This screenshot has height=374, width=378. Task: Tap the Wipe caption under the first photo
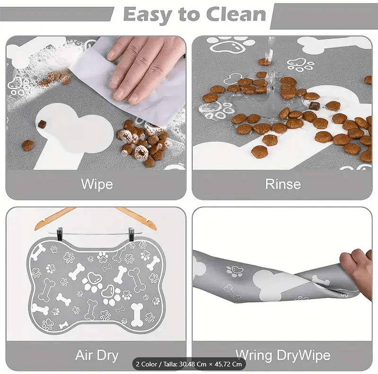(97, 184)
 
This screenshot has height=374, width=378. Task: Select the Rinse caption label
(283, 184)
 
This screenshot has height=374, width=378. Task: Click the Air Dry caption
(97, 356)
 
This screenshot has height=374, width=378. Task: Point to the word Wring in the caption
(255, 356)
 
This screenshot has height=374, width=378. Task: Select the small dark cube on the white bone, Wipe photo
(42, 124)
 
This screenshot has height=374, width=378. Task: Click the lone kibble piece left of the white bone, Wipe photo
(28, 146)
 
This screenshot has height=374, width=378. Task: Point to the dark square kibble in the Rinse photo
(314, 106)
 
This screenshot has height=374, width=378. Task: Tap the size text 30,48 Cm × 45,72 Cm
(211, 364)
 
